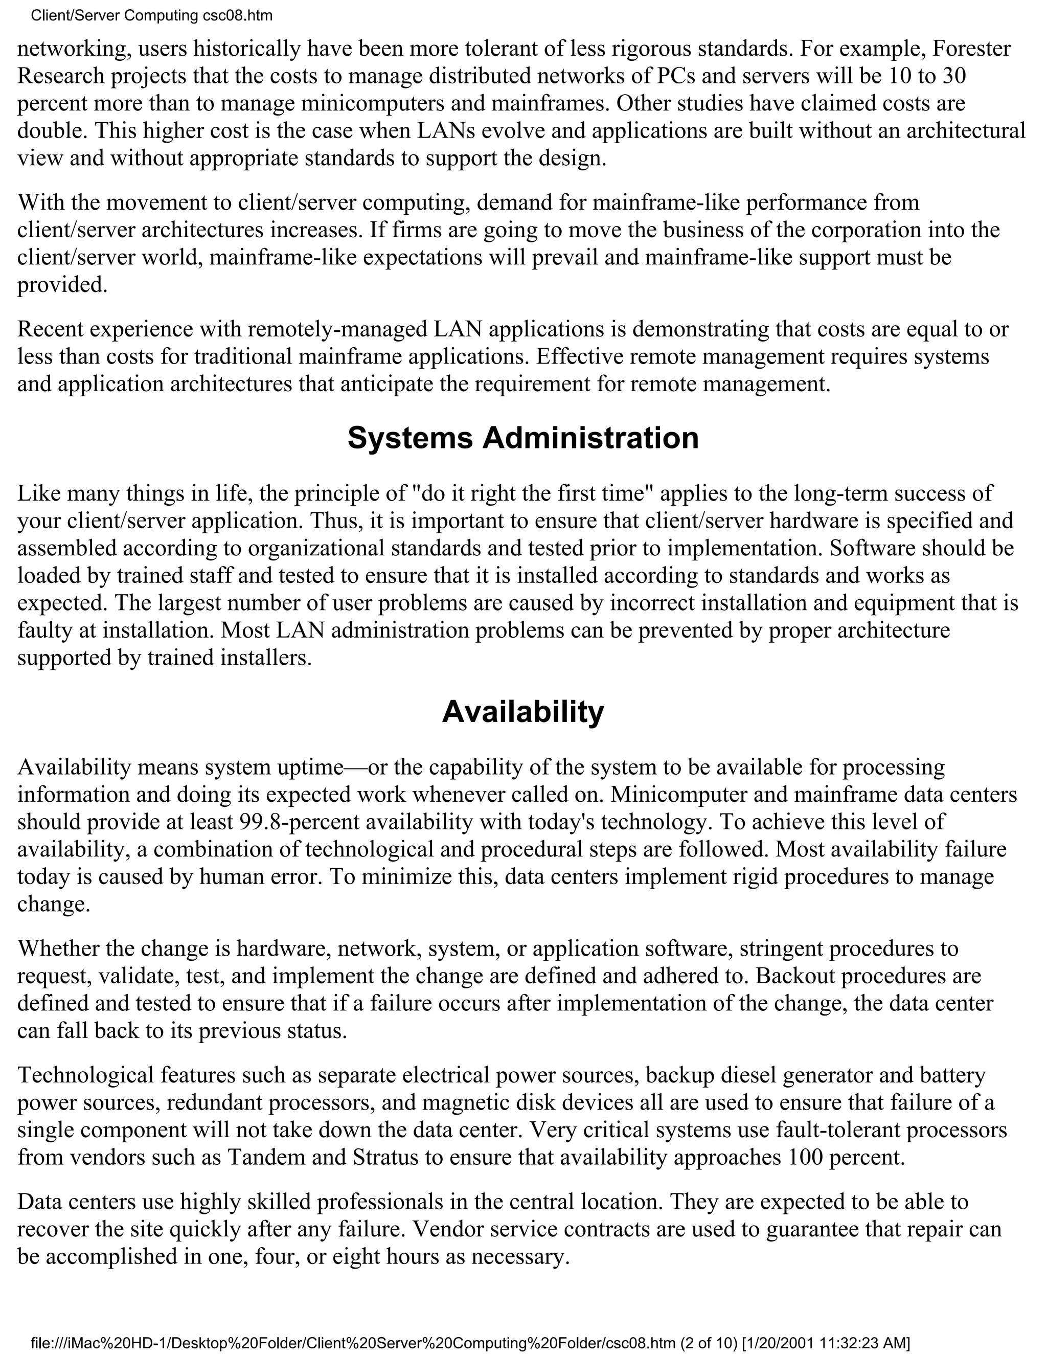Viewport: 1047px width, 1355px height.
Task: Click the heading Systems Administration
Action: tap(523, 438)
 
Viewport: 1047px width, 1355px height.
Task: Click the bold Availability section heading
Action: tap(523, 712)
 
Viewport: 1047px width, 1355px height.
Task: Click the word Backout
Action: tap(788, 976)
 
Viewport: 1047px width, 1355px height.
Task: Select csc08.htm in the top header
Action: tap(238, 15)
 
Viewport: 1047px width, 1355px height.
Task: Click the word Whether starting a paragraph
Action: tap(58, 948)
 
